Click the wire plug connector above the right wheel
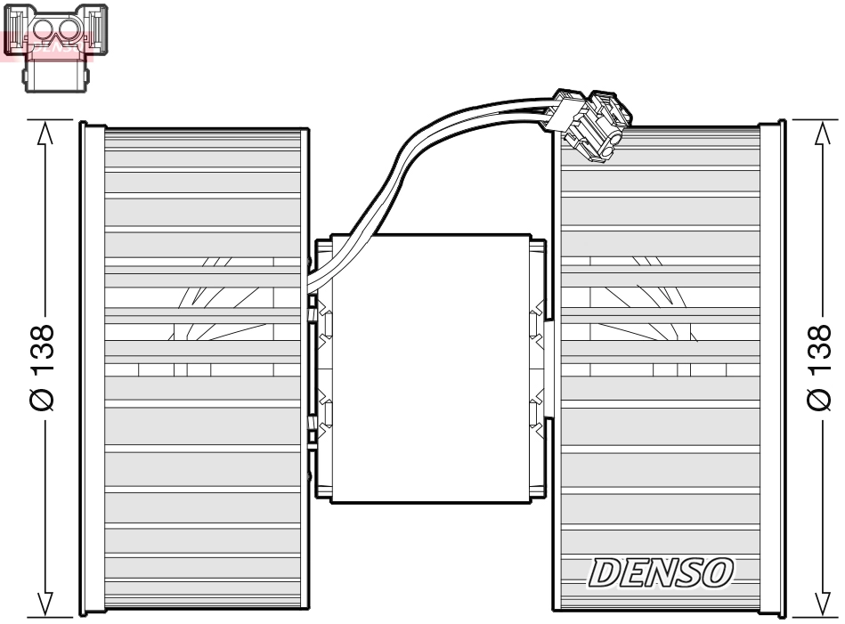coord(592,123)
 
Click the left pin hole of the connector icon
coord(42,31)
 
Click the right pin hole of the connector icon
coord(70,31)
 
